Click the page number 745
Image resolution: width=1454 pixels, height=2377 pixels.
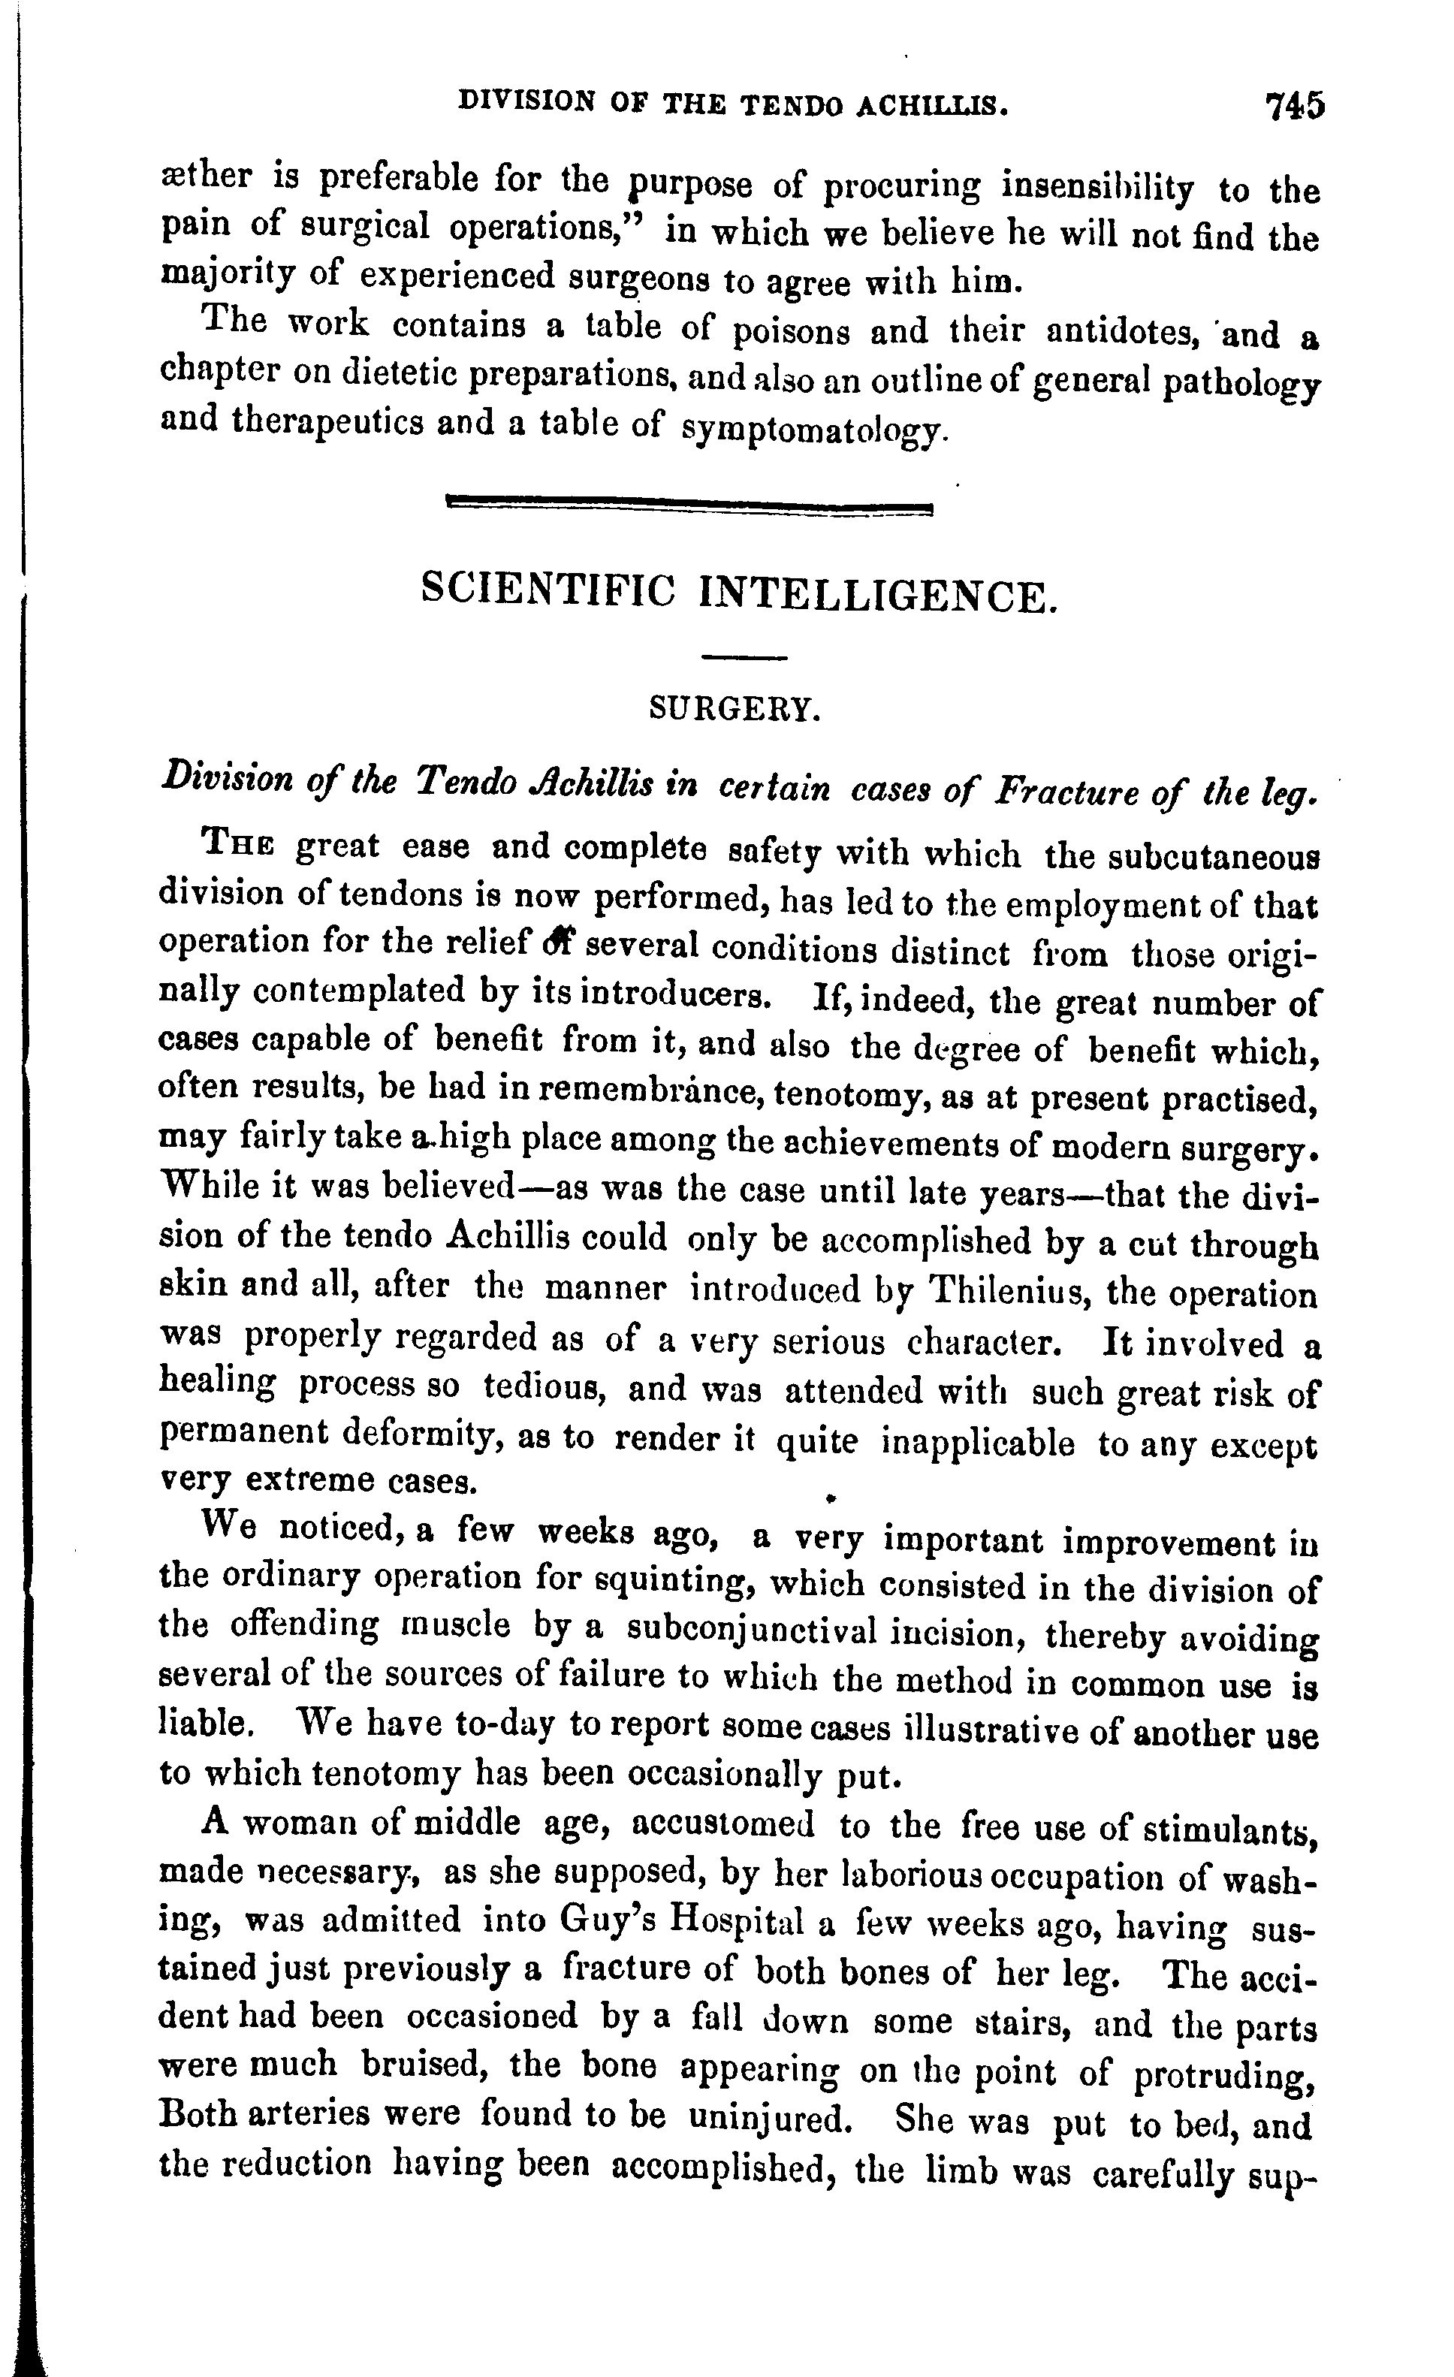pyautogui.click(x=1295, y=105)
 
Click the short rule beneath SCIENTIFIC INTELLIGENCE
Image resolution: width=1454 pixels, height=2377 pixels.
pyautogui.click(x=745, y=659)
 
